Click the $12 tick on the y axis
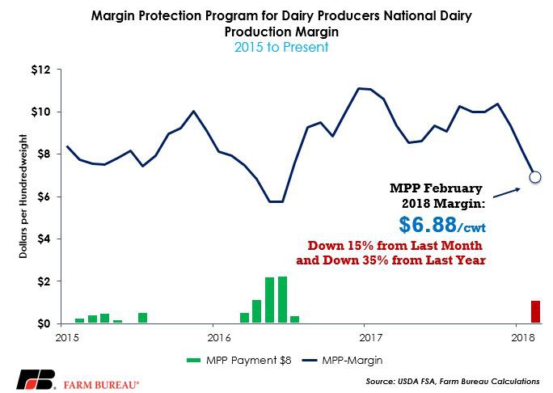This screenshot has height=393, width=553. [40, 70]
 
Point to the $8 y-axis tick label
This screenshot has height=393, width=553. [42, 154]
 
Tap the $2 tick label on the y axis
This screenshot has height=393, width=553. [42, 281]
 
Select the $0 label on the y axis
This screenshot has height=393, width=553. [42, 323]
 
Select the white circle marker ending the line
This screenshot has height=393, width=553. [534, 176]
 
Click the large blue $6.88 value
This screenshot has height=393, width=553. [434, 222]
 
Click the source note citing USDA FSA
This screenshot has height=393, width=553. [461, 379]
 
